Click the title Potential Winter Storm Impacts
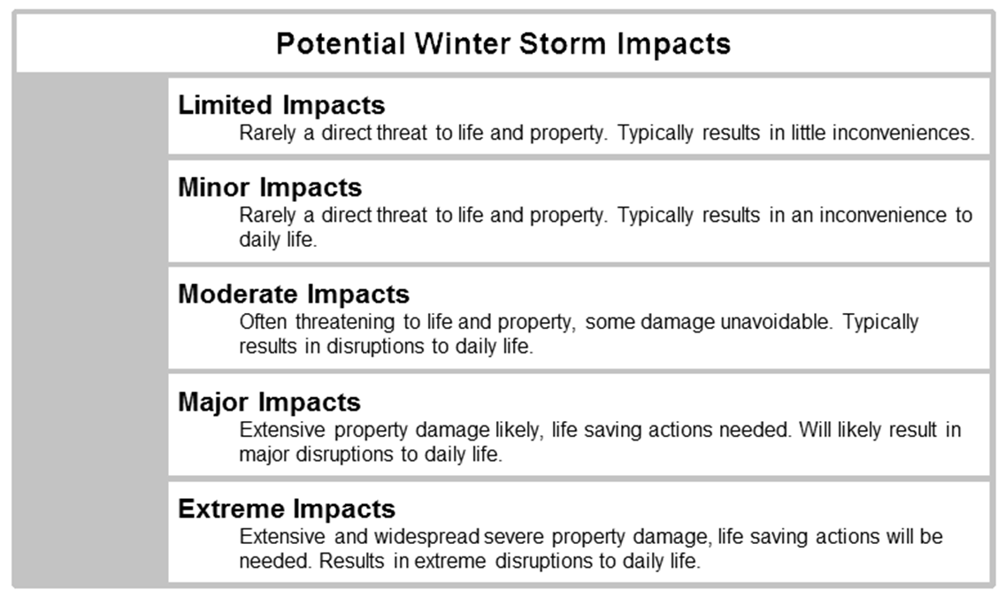click(503, 44)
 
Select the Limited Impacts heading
click(281, 105)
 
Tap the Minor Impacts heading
click(270, 187)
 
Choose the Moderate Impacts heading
click(294, 294)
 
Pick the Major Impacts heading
click(269, 402)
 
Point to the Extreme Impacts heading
click(287, 510)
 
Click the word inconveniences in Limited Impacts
click(903, 133)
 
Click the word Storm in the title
click(562, 44)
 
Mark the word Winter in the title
click(462, 44)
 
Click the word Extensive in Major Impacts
click(282, 429)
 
